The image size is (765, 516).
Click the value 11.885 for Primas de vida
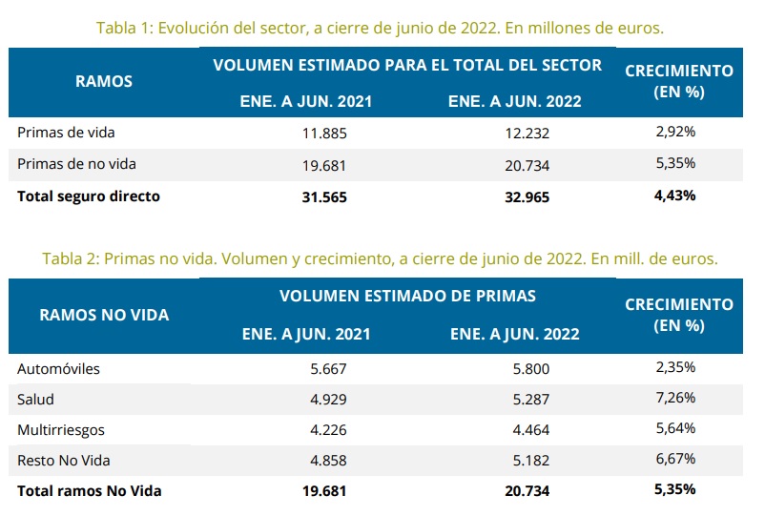point(323,134)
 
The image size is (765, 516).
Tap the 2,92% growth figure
point(675,133)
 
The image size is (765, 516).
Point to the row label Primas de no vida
point(76,164)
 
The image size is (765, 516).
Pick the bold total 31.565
point(323,197)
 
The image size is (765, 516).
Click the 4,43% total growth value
point(675,196)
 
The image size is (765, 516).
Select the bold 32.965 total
point(526,197)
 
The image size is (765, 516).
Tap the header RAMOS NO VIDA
point(104,315)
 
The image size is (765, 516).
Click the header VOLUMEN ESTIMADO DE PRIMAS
point(407,296)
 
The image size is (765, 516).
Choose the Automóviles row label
point(58,368)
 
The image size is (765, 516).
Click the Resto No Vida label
point(64,461)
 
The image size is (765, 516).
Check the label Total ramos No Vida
point(90,491)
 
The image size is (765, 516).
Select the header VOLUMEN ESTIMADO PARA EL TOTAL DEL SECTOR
point(407,66)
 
